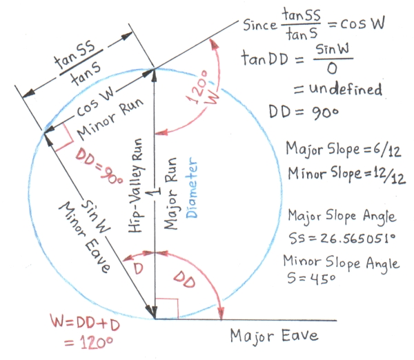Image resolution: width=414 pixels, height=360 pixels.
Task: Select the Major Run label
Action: pos(172,186)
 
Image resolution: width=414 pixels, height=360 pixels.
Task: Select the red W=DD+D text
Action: pos(82,322)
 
